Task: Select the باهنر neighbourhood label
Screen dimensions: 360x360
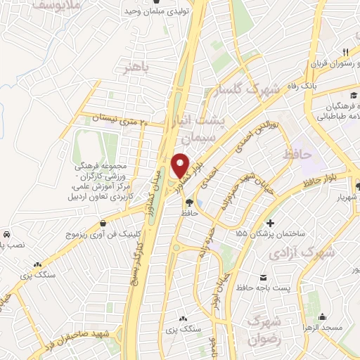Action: point(136,67)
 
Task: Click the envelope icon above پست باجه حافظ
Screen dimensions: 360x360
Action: point(263,276)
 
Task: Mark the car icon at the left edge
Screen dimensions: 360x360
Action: point(6,233)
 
